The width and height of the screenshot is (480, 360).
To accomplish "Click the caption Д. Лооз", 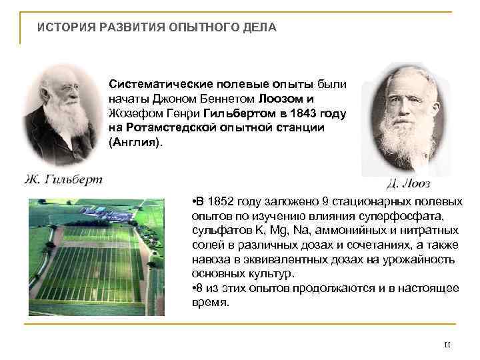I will click(408, 183).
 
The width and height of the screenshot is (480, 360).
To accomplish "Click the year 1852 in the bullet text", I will click(221, 201).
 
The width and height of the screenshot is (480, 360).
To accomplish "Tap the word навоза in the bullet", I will click(209, 259).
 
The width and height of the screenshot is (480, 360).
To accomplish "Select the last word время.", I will click(210, 302).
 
